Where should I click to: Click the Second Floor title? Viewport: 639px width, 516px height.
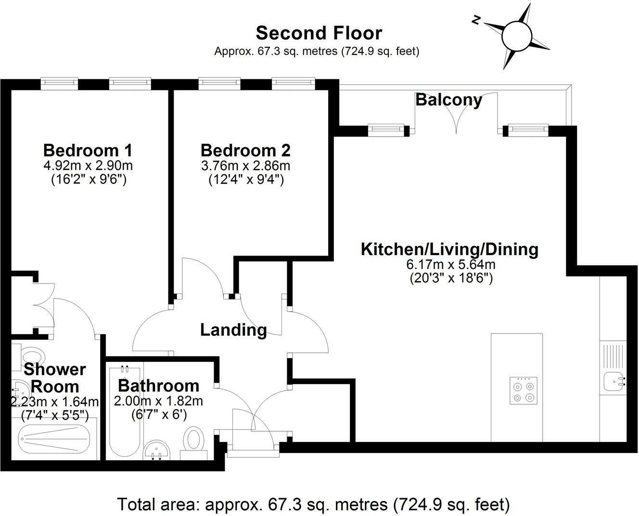[x=319, y=33]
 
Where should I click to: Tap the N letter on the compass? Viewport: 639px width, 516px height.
[x=475, y=20]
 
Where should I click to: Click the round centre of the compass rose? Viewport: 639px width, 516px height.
[x=517, y=36]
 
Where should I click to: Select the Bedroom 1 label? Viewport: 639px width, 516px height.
[x=88, y=150]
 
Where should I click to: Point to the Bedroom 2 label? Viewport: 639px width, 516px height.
[x=245, y=150]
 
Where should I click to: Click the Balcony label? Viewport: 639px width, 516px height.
[x=448, y=100]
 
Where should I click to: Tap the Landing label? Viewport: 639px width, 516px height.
[x=233, y=330]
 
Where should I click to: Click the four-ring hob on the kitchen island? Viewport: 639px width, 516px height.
[x=524, y=390]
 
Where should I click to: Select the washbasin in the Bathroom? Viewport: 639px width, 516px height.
[x=156, y=451]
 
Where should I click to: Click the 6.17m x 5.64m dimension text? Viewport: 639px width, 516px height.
[x=450, y=264]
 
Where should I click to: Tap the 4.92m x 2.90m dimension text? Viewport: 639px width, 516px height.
[x=88, y=166]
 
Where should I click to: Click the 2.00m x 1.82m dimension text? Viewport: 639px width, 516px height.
[x=158, y=401]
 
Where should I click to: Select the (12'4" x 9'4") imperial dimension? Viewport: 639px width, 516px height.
[x=246, y=180]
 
